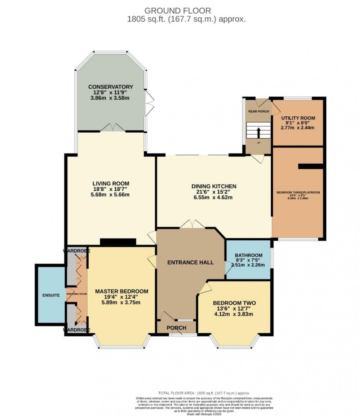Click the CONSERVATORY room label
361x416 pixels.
click(111, 87)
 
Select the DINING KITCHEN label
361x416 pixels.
click(214, 186)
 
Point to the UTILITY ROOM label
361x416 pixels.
click(298, 118)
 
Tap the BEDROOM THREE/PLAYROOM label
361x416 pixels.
click(298, 192)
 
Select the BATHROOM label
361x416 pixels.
click(248, 255)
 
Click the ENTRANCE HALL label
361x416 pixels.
click(190, 262)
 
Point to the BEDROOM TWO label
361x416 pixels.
click(234, 303)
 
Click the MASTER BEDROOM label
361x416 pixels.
click(122, 291)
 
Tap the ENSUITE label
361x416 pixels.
click(51, 295)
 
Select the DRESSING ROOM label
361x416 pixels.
click(77, 294)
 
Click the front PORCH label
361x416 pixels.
click(176, 328)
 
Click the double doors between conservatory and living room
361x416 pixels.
click(113, 127)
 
